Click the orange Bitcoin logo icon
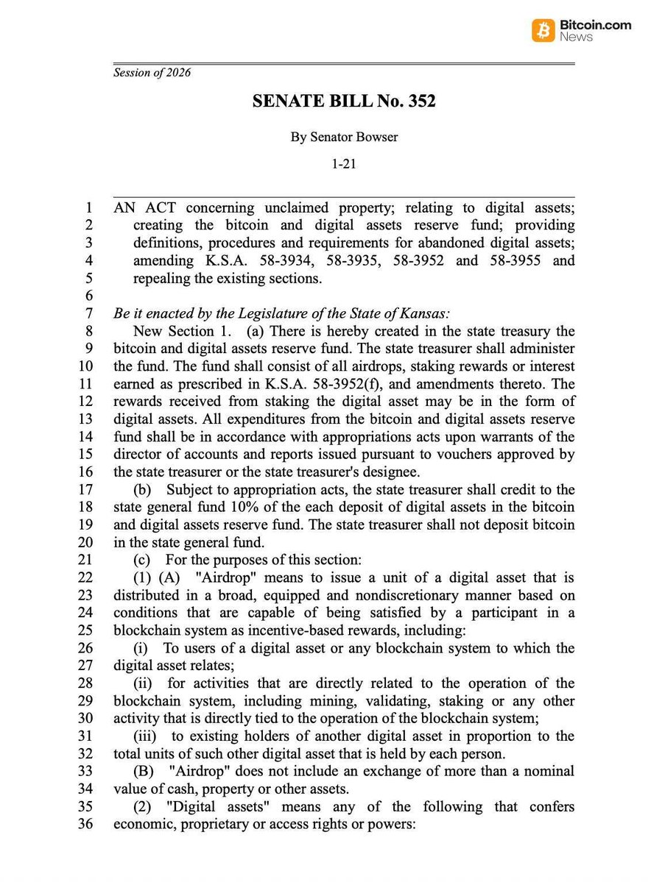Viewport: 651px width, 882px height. (x=543, y=30)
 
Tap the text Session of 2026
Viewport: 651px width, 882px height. (x=152, y=72)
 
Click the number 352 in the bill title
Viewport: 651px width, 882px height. (x=419, y=101)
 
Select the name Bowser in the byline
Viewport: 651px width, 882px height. (x=378, y=136)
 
